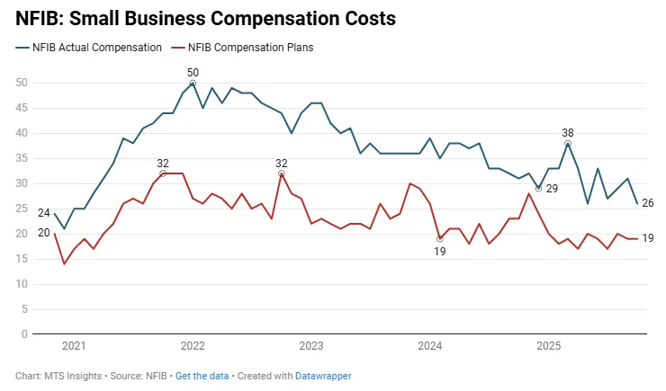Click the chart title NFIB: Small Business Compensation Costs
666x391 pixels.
click(x=205, y=17)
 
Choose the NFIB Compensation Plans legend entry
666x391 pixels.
click(x=247, y=46)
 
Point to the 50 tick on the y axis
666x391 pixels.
click(x=22, y=83)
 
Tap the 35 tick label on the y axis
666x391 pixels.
click(x=22, y=158)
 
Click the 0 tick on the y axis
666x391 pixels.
click(x=25, y=334)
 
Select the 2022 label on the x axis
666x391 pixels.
click(x=193, y=346)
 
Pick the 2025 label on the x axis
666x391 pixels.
click(x=549, y=346)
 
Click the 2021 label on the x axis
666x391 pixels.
click(x=74, y=346)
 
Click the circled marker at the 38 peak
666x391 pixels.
click(x=568, y=143)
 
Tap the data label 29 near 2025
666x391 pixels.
click(x=552, y=189)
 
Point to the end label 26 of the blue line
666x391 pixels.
click(x=647, y=203)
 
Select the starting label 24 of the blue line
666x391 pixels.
click(x=43, y=213)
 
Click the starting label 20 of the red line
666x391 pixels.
click(x=43, y=233)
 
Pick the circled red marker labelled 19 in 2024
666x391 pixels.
click(x=439, y=239)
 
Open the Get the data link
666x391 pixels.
click(x=202, y=376)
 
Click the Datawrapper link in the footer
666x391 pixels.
click(x=323, y=376)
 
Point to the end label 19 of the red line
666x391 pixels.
click(x=647, y=238)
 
